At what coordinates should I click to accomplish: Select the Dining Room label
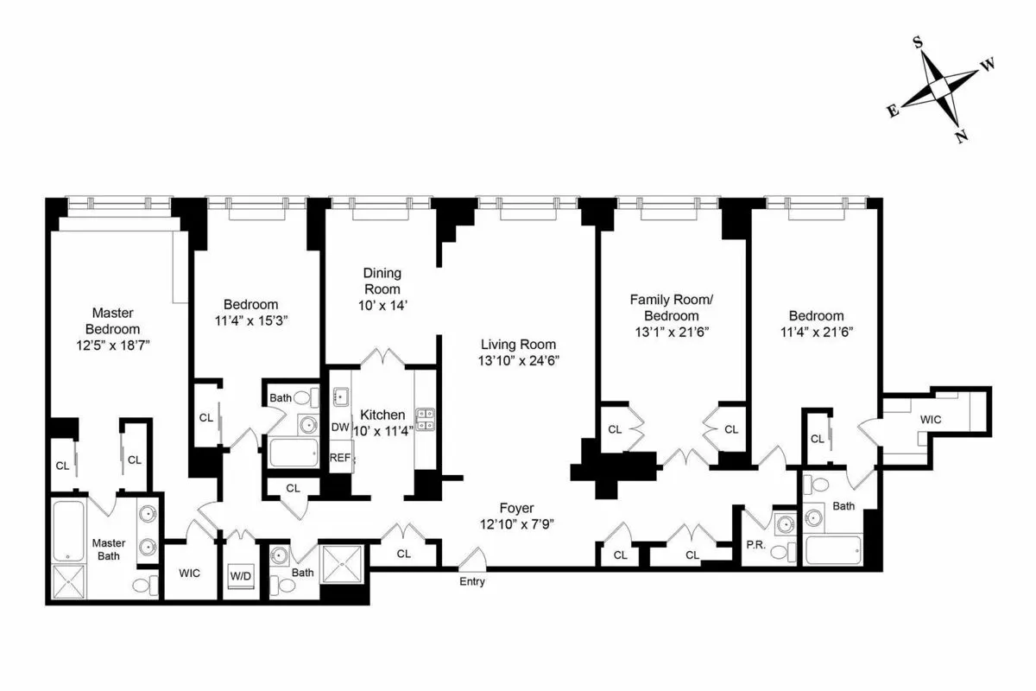(382, 281)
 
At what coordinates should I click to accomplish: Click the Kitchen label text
(382, 415)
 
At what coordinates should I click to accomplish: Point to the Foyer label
(516, 508)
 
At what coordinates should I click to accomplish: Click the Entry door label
(472, 581)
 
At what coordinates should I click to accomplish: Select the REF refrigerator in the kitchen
(340, 458)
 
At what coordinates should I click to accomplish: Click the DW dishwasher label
(339, 428)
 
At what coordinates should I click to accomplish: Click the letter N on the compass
(961, 136)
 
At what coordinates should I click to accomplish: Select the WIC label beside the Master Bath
(190, 573)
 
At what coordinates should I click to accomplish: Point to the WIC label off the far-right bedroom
(931, 418)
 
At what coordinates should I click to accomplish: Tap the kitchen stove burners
(425, 419)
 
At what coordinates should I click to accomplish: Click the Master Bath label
(109, 549)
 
